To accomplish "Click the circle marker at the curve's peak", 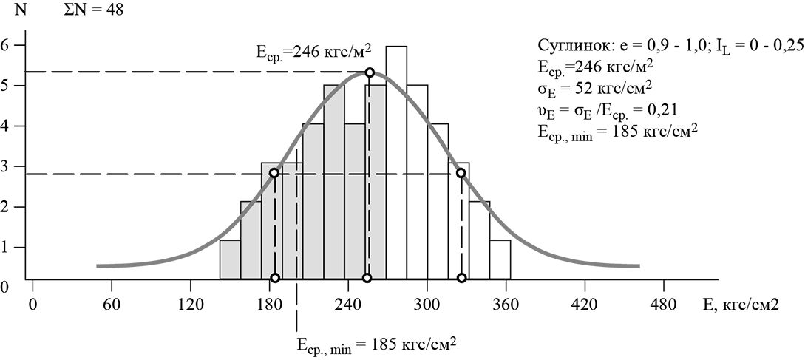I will (x=370, y=72).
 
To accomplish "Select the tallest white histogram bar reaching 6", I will (x=396, y=163).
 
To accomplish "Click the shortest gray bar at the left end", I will (x=230, y=259).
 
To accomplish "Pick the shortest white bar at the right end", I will (x=500, y=259).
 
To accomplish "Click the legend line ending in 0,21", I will (x=609, y=112).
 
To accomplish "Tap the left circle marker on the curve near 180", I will (x=275, y=173).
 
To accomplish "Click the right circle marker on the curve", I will (x=461, y=173).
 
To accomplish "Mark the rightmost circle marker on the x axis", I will (x=461, y=278).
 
